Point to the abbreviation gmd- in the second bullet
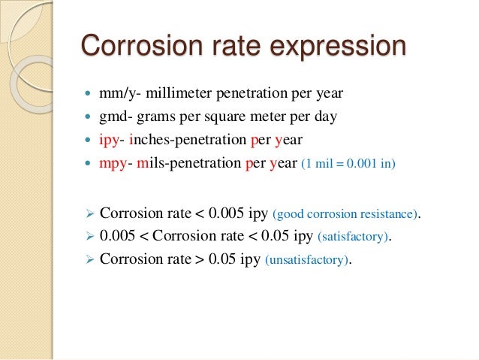pos(113,116)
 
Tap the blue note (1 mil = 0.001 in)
pos(347,164)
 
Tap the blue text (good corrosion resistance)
pos(343,214)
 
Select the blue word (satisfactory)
pos(354,237)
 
